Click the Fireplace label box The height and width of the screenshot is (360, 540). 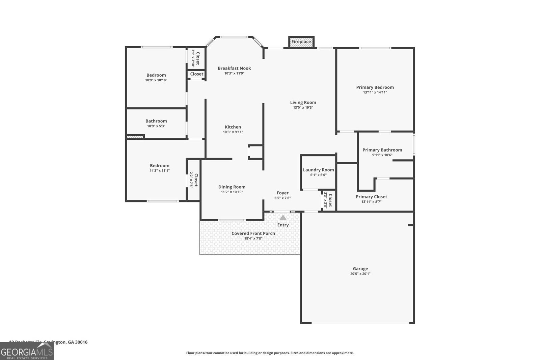(x=301, y=42)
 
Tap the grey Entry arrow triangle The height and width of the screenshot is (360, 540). (x=283, y=218)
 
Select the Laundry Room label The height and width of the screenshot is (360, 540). (x=318, y=170)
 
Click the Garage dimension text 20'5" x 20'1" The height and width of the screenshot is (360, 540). (x=360, y=274)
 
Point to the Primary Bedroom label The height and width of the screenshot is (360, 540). (x=375, y=87)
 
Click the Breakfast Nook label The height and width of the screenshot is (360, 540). (x=234, y=68)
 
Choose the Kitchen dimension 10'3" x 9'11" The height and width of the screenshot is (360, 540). (x=233, y=132)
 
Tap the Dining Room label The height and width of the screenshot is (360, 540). (x=232, y=187)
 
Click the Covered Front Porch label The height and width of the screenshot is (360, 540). (x=253, y=233)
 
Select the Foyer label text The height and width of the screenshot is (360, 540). (x=282, y=193)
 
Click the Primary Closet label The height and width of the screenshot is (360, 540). (x=371, y=197)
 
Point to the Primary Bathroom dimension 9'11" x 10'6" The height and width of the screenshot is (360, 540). (x=382, y=155)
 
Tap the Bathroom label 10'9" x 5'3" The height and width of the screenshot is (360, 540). (x=156, y=121)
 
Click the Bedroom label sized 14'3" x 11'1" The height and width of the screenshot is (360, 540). (x=159, y=166)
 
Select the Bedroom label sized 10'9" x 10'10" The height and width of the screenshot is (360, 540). (x=156, y=75)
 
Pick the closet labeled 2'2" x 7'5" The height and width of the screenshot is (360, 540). (x=193, y=180)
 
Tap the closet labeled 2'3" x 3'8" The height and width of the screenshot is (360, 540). (x=328, y=200)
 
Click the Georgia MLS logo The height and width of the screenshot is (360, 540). (x=27, y=351)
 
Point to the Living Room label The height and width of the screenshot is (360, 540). (x=303, y=103)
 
